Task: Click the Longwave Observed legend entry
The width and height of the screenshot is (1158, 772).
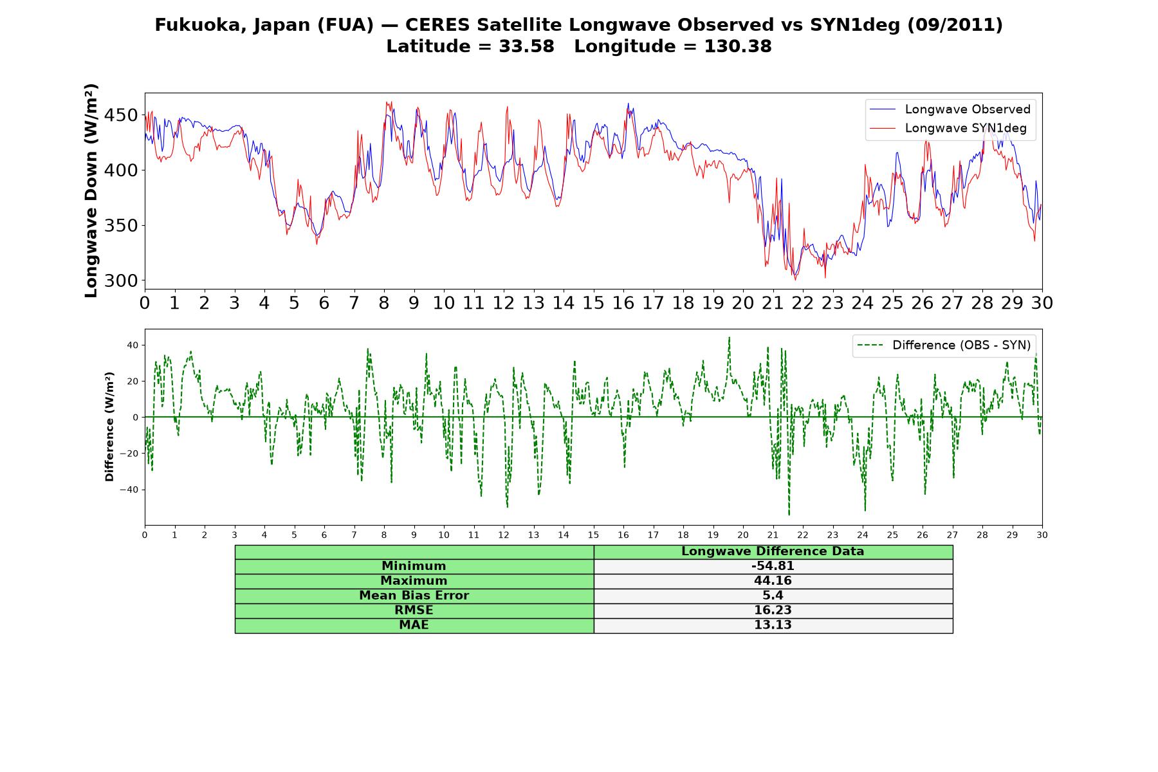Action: pyautogui.click(x=950, y=109)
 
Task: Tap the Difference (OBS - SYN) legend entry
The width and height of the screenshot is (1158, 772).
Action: pyautogui.click(x=944, y=345)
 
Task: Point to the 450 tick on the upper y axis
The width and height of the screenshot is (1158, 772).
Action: pyautogui.click(x=121, y=115)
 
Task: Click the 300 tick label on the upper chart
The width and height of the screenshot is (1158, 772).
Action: pyautogui.click(x=121, y=280)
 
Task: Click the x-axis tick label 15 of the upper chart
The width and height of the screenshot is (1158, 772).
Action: pyautogui.click(x=593, y=303)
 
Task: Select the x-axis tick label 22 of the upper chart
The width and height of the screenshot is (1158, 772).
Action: pyautogui.click(x=803, y=303)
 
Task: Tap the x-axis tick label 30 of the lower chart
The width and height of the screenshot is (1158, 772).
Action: pyautogui.click(x=1042, y=535)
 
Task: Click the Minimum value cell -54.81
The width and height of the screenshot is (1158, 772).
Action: pyautogui.click(x=773, y=566)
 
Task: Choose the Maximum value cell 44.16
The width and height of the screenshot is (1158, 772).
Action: pyautogui.click(x=773, y=581)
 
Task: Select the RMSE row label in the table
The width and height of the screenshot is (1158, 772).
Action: pyautogui.click(x=414, y=611)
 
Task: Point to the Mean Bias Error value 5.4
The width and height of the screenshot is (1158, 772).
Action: pyautogui.click(x=773, y=596)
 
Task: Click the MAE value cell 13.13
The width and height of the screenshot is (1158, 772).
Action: pyautogui.click(x=773, y=625)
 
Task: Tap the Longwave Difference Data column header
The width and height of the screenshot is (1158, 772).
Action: pyautogui.click(x=773, y=551)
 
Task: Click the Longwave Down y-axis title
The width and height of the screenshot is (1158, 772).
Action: pyautogui.click(x=91, y=190)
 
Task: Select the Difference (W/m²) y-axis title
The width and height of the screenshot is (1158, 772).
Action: pyautogui.click(x=109, y=427)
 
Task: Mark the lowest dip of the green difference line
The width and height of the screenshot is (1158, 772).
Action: pyautogui.click(x=789, y=515)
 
